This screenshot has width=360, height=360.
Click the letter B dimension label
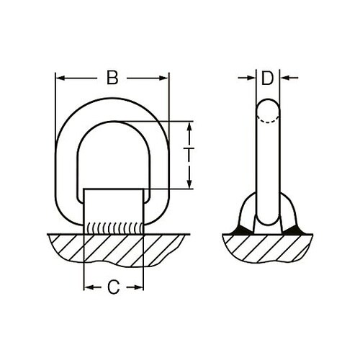112,77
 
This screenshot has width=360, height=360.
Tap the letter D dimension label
267,78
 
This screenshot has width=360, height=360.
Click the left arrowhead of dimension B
60,78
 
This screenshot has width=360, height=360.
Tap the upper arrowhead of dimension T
189,125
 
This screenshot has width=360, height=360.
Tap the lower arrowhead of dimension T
189,184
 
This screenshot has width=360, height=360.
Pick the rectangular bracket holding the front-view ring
113,205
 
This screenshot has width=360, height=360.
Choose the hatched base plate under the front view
113,252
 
